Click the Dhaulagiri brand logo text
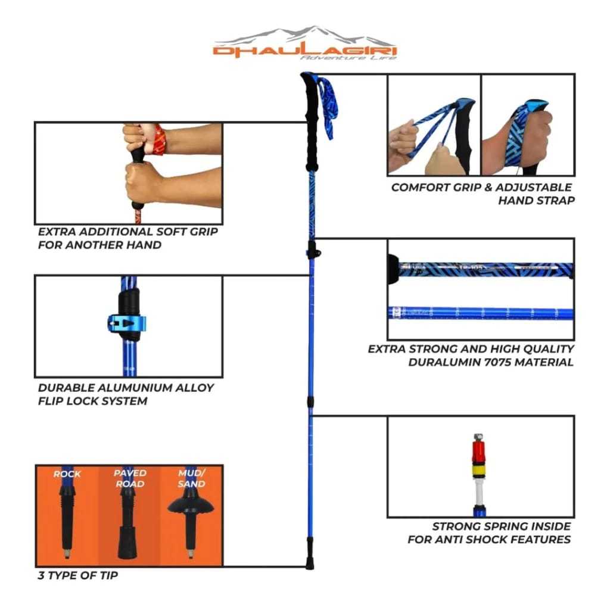coord(305,52)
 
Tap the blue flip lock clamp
coord(126,323)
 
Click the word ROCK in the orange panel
coord(67,474)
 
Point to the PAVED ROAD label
coord(130,478)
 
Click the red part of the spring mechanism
coord(479,450)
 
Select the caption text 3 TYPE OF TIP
coord(78,575)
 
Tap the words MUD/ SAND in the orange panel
coord(191,478)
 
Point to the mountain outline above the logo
coord(305,36)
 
